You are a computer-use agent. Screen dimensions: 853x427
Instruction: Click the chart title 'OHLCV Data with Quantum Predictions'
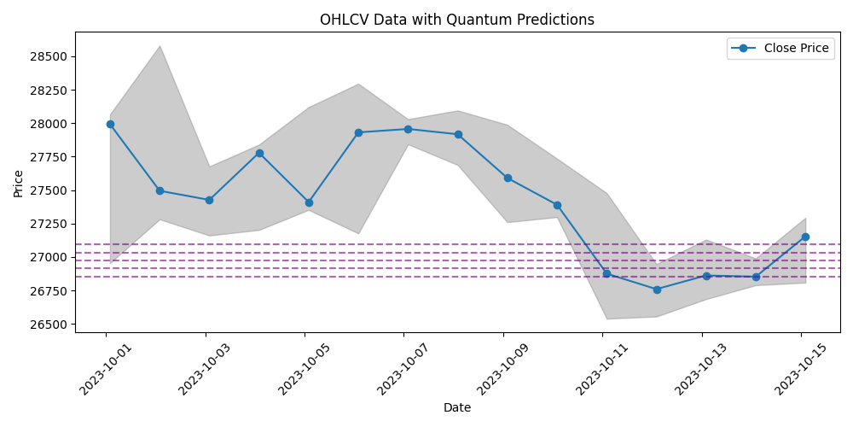click(457, 20)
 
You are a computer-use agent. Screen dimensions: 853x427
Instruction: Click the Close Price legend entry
click(780, 48)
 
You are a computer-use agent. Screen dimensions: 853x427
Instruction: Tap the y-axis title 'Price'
click(19, 184)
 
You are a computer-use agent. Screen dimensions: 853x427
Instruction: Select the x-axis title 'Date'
click(457, 407)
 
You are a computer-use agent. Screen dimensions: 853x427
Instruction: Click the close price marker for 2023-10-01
click(110, 124)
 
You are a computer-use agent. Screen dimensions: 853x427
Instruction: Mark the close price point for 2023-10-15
click(806, 237)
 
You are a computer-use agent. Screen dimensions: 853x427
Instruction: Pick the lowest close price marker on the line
click(657, 290)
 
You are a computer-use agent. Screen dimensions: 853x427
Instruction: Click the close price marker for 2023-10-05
click(309, 202)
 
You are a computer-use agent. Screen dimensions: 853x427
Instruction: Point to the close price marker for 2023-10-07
click(408, 129)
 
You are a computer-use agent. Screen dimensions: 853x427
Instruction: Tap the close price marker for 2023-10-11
click(607, 274)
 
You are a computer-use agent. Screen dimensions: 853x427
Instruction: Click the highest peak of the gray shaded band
click(160, 46)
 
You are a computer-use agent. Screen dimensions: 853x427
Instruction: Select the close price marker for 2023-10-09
click(508, 178)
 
